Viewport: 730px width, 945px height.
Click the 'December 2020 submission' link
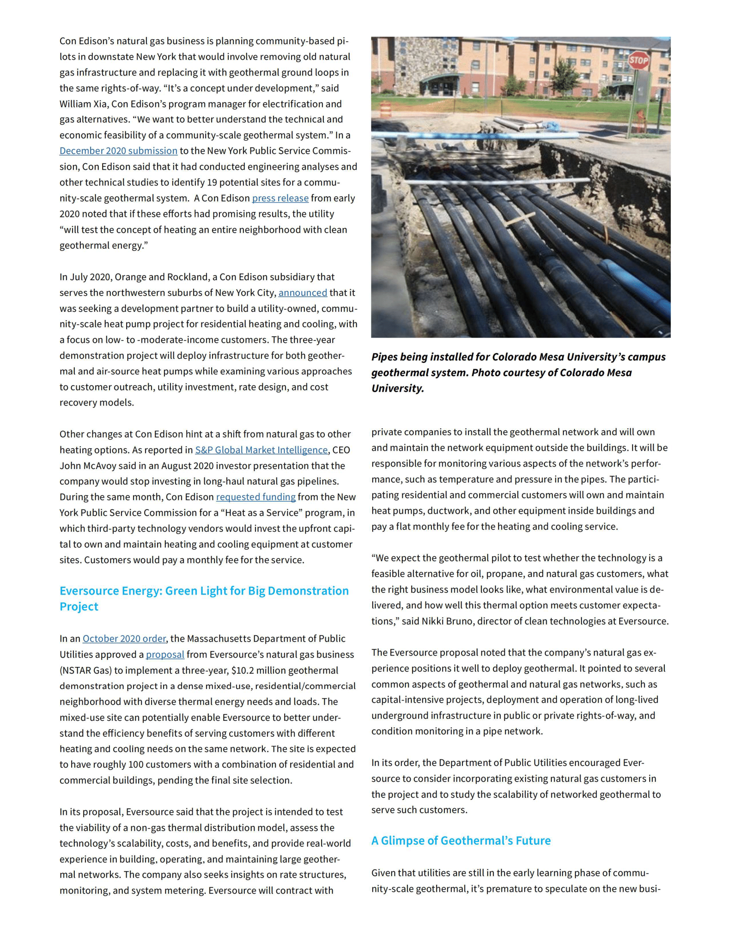pyautogui.click(x=118, y=151)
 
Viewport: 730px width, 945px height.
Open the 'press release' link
pyautogui.click(x=280, y=198)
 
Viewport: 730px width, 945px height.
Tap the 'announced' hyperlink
pyautogui.click(x=302, y=293)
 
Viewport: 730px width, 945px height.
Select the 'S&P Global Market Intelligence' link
pyautogui.click(x=261, y=450)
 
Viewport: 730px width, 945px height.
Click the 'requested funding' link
pyautogui.click(x=255, y=497)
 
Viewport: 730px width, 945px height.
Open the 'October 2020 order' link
pyautogui.click(x=124, y=638)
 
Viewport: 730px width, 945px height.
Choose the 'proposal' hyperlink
pyautogui.click(x=165, y=654)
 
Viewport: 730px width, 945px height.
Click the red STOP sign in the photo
pyautogui.click(x=638, y=60)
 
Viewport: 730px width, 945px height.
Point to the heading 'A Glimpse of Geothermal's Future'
pyautogui.click(x=461, y=840)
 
